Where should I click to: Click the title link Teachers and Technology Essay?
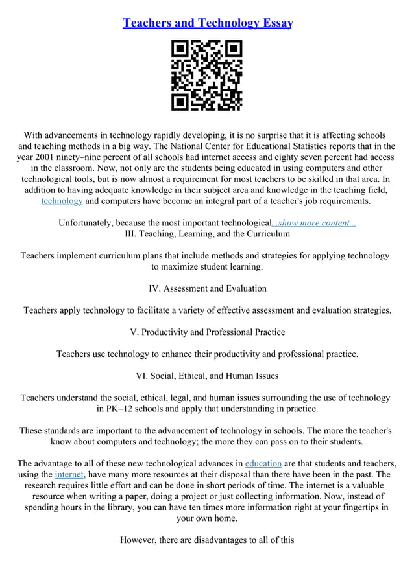(x=208, y=23)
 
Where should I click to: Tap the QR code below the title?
(x=206, y=75)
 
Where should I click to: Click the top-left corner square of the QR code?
(x=180, y=49)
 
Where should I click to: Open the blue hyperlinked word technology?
(x=62, y=201)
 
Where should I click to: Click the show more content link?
(x=313, y=223)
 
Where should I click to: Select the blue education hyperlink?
(x=263, y=463)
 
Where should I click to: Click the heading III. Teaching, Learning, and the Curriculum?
(x=207, y=234)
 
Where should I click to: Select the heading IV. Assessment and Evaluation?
(x=207, y=288)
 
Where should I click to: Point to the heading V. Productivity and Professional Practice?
(x=207, y=332)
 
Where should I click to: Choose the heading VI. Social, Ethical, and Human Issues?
(x=207, y=376)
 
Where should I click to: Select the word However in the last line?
(x=140, y=540)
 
